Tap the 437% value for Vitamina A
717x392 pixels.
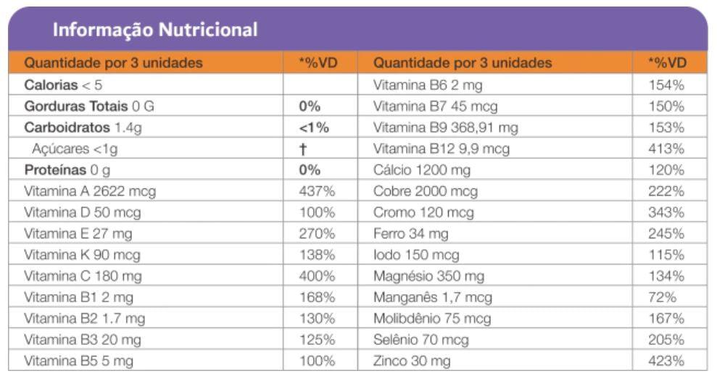(x=317, y=191)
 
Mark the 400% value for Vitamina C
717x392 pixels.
(x=317, y=276)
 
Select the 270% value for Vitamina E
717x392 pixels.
(x=317, y=233)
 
